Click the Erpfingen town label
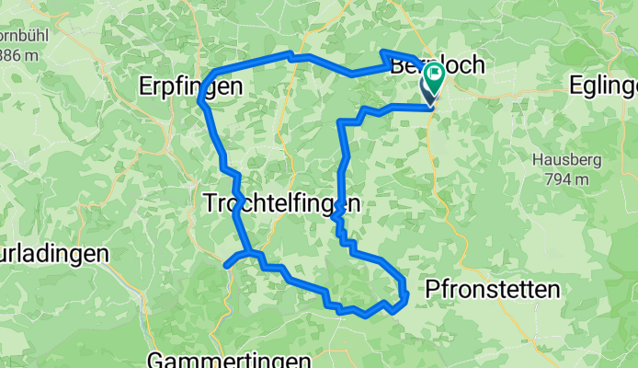(191, 86)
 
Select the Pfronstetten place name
(493, 291)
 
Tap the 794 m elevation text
(562, 178)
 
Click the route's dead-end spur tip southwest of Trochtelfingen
(226, 265)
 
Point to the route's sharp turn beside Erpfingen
(200, 99)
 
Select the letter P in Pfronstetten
(432, 291)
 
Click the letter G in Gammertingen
(154, 358)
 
